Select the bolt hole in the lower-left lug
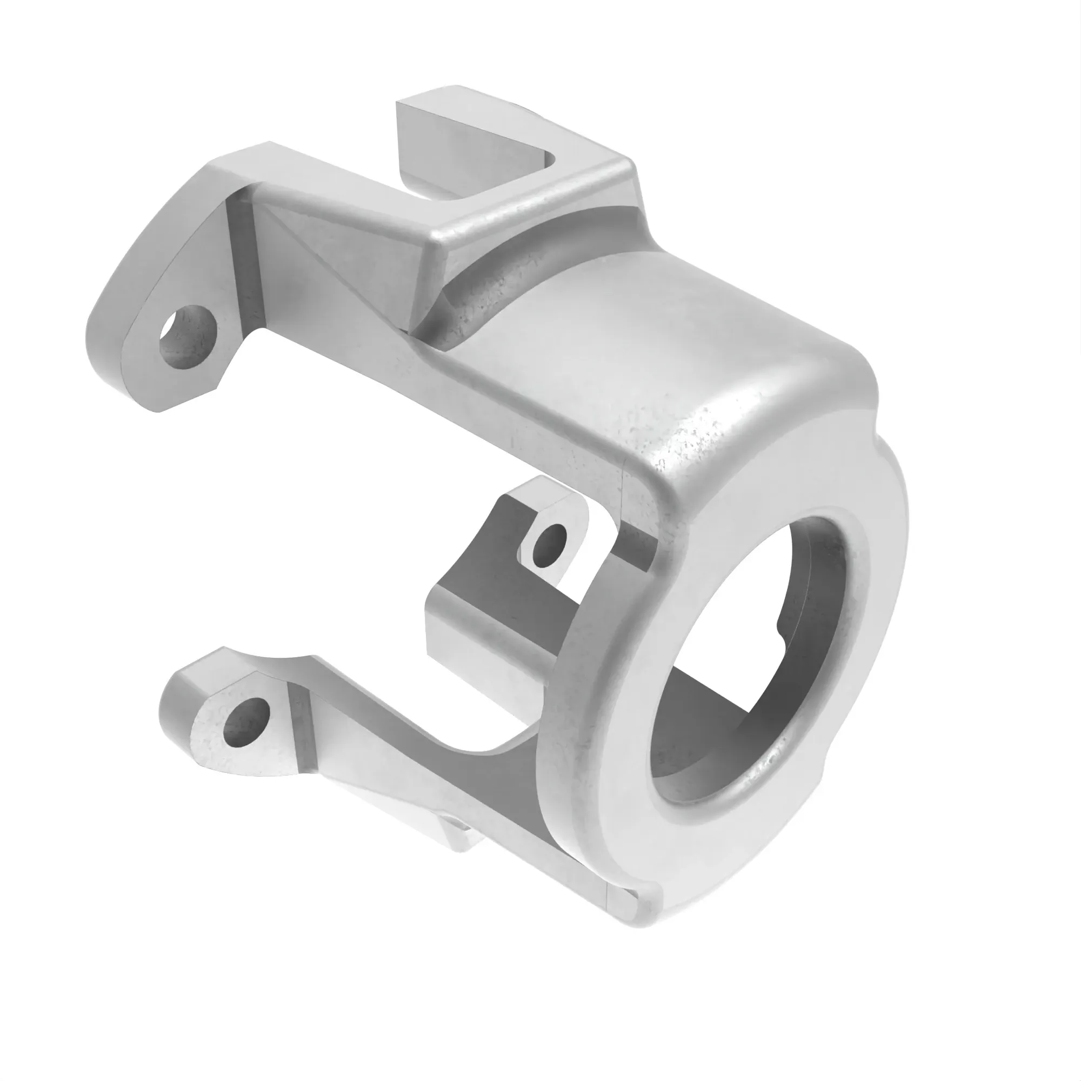coord(246,722)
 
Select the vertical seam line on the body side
coord(622,492)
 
